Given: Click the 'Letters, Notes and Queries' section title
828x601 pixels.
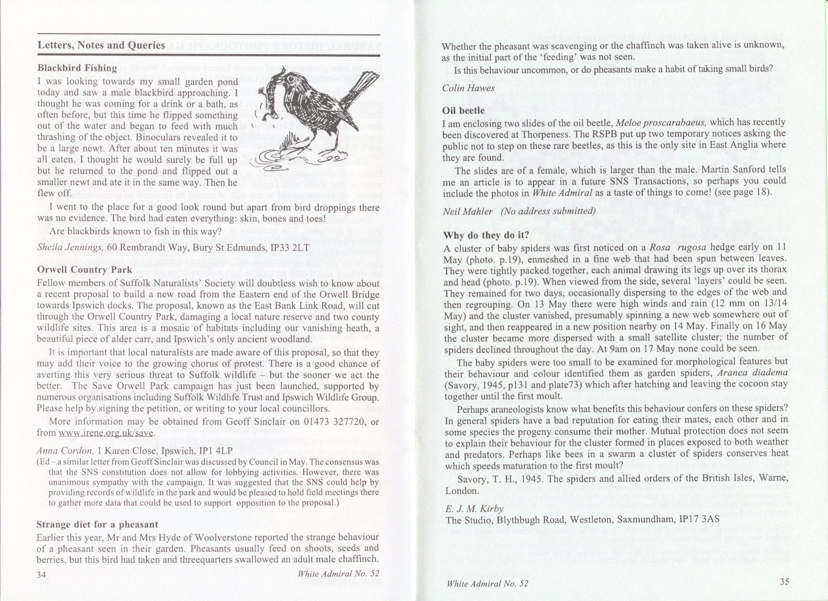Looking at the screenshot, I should [101, 46].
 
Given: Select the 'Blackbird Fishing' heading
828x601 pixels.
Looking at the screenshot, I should [77, 68].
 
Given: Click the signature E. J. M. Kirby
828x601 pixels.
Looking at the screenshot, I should [473, 509].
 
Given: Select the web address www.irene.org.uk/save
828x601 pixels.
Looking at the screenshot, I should [106, 433].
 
